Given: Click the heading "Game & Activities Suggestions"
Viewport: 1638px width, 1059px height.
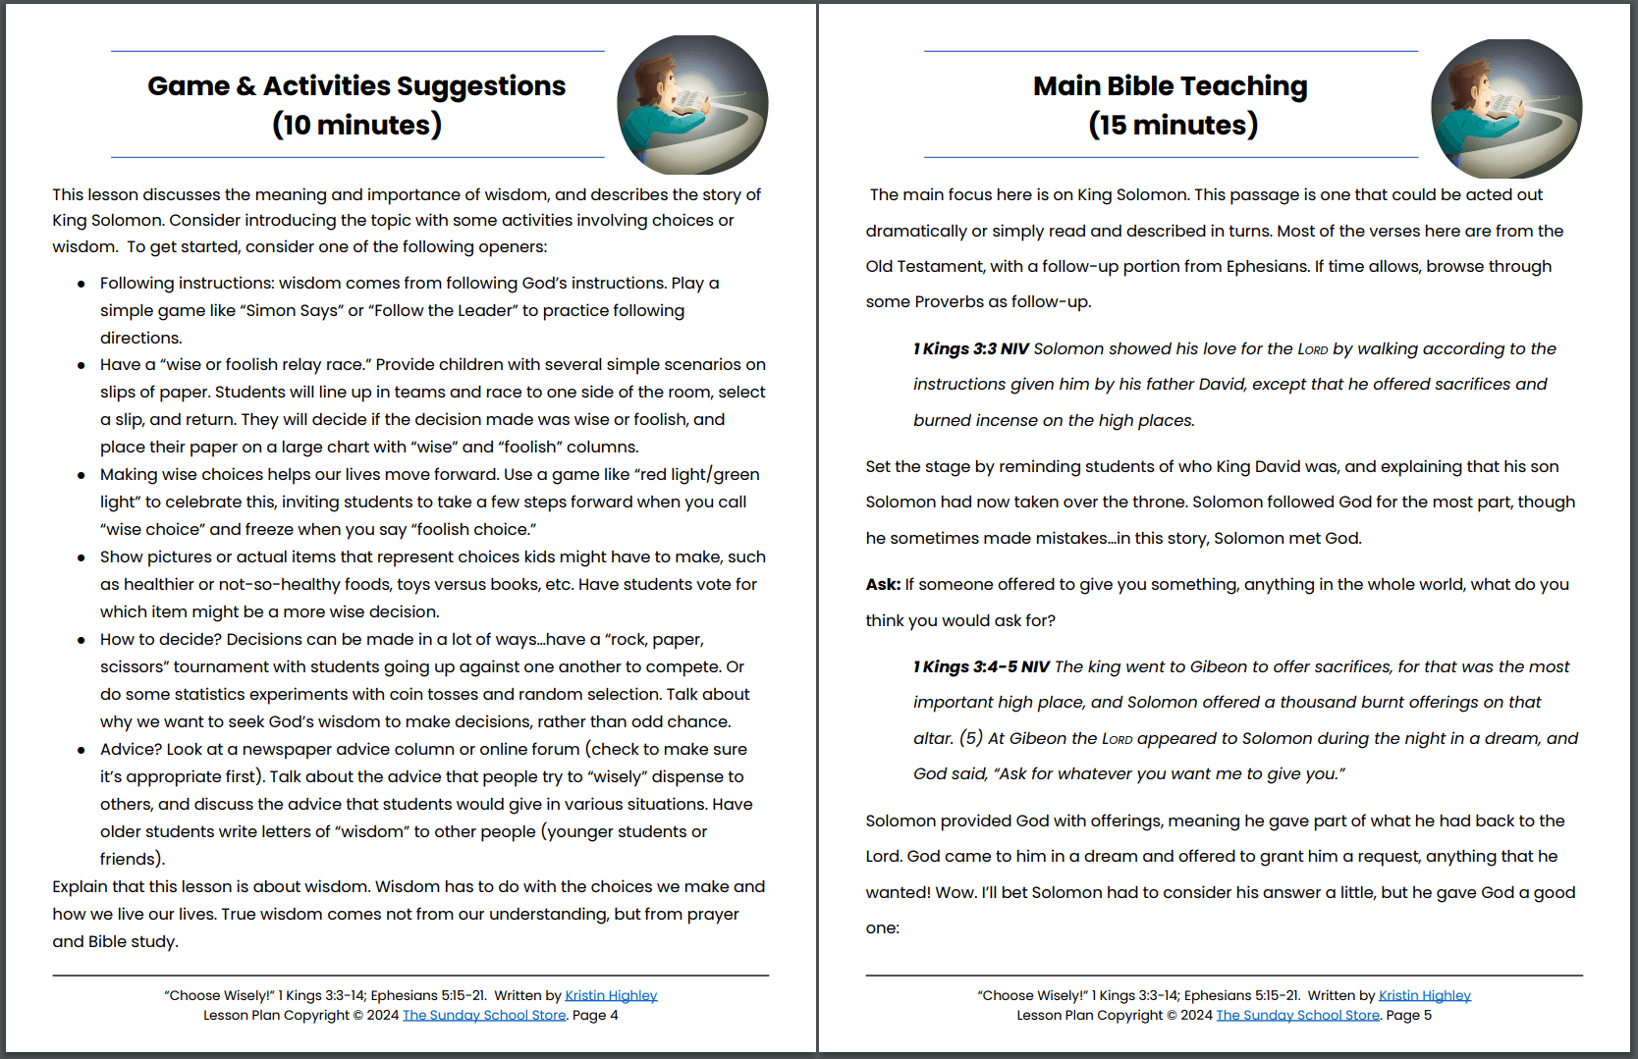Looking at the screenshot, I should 356,86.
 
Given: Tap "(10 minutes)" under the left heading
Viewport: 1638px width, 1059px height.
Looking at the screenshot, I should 356,126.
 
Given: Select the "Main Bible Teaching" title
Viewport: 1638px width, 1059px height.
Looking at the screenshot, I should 1170,86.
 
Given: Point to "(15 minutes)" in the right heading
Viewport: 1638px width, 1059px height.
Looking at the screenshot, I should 1173,126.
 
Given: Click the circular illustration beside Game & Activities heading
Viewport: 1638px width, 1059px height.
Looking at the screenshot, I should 692,104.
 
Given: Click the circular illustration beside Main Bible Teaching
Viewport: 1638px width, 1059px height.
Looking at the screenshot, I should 1505,108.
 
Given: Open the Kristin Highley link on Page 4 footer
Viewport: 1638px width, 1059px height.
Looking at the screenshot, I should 611,995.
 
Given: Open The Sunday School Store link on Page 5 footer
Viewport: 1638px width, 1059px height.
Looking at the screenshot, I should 1297,1015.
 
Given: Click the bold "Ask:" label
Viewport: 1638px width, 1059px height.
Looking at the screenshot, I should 883,585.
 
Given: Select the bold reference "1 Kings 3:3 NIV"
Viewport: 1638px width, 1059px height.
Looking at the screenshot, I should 970,349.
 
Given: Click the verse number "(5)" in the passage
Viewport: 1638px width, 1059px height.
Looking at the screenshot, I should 970,738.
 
